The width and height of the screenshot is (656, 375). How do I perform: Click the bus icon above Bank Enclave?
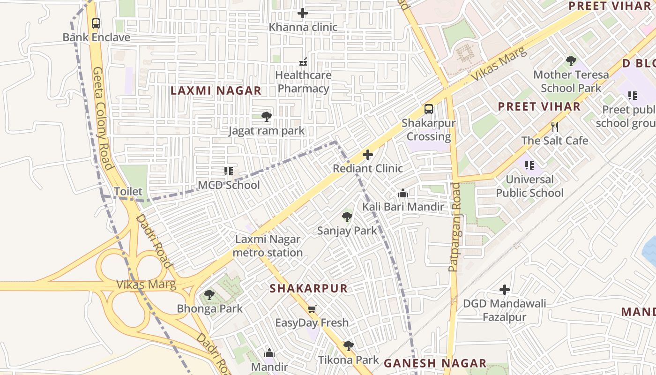click(x=96, y=23)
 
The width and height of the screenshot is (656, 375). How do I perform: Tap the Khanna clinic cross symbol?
click(x=303, y=13)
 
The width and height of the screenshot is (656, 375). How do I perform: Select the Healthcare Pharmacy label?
click(x=303, y=82)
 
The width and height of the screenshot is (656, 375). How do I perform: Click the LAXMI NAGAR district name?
click(x=216, y=91)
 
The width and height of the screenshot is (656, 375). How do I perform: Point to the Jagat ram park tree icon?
click(x=266, y=116)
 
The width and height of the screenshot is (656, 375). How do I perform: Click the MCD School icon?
click(x=228, y=171)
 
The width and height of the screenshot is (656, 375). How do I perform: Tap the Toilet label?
click(x=128, y=191)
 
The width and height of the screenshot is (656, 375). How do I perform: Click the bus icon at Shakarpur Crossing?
click(x=428, y=109)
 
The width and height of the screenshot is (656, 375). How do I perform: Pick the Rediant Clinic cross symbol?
click(x=368, y=154)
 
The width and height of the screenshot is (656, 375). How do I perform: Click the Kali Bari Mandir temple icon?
click(x=403, y=193)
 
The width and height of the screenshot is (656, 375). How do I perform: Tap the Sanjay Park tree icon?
click(x=347, y=217)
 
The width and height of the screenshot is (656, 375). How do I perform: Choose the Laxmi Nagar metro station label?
click(x=268, y=246)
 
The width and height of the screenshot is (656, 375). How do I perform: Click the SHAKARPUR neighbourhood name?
click(x=309, y=288)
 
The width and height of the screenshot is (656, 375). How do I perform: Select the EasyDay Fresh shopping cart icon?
click(x=312, y=309)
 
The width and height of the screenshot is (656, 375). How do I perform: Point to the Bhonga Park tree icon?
click(x=209, y=295)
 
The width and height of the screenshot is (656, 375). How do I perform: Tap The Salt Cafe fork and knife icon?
click(x=555, y=127)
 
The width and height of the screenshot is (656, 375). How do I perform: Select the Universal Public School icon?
click(x=529, y=165)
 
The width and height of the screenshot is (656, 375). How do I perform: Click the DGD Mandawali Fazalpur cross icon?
click(x=504, y=290)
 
